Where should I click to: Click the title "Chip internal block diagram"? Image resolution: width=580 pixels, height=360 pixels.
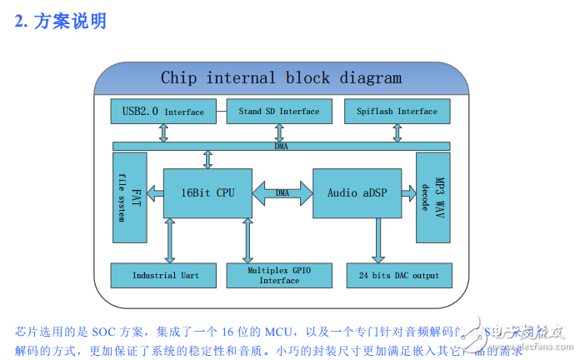tap(281, 78)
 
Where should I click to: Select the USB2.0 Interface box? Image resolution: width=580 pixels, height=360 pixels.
tap(162, 111)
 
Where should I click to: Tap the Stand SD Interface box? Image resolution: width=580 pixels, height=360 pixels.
tap(278, 111)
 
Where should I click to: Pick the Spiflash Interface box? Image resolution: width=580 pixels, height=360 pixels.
tap(397, 111)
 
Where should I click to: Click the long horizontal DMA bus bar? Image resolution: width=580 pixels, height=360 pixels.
tap(281, 147)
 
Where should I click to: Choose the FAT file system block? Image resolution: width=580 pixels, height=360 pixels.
tap(129, 197)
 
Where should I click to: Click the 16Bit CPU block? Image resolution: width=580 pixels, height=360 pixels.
tap(207, 193)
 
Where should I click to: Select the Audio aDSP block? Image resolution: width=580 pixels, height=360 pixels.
tap(356, 193)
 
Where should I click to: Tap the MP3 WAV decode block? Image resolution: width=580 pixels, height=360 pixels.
tap(432, 197)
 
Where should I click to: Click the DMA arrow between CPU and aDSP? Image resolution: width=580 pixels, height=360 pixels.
tap(282, 193)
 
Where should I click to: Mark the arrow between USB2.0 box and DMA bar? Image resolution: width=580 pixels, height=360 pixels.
tap(165, 132)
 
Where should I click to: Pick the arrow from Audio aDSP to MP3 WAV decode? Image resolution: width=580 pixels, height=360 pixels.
tap(407, 193)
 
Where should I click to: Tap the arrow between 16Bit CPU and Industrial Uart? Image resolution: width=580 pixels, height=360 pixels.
tap(170, 241)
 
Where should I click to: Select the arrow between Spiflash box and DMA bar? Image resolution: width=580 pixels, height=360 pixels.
tap(397, 132)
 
